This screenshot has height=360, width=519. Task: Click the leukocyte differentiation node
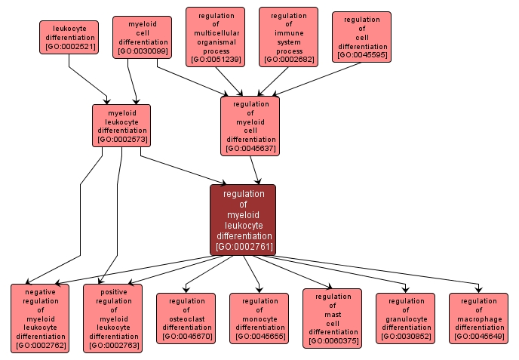pos(69,37)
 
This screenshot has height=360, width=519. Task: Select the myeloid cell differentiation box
pos(142,38)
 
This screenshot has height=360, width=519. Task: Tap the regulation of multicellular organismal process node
pos(215,37)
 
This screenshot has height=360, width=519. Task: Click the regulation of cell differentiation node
pos(361,37)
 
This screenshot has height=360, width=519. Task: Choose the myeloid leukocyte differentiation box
pos(121,125)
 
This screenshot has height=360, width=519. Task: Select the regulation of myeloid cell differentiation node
pos(250,126)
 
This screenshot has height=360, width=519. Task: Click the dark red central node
pos(243,220)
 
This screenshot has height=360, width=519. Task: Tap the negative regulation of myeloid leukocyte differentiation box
pos(40,318)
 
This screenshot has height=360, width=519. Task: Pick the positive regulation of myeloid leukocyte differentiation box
pos(113,318)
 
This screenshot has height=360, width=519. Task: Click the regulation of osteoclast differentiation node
pos(186,318)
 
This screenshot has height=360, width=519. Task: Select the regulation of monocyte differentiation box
pos(259,318)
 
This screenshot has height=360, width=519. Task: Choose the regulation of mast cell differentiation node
pos(333,318)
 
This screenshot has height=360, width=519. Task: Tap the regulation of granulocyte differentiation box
pos(406,318)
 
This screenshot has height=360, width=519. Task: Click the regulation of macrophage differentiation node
pos(478,318)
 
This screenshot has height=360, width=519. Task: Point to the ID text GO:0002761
pos(243,247)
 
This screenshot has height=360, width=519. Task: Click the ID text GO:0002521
pos(69,47)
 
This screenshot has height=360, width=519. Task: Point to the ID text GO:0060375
pos(333,341)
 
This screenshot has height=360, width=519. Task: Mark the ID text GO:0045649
pos(478,337)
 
